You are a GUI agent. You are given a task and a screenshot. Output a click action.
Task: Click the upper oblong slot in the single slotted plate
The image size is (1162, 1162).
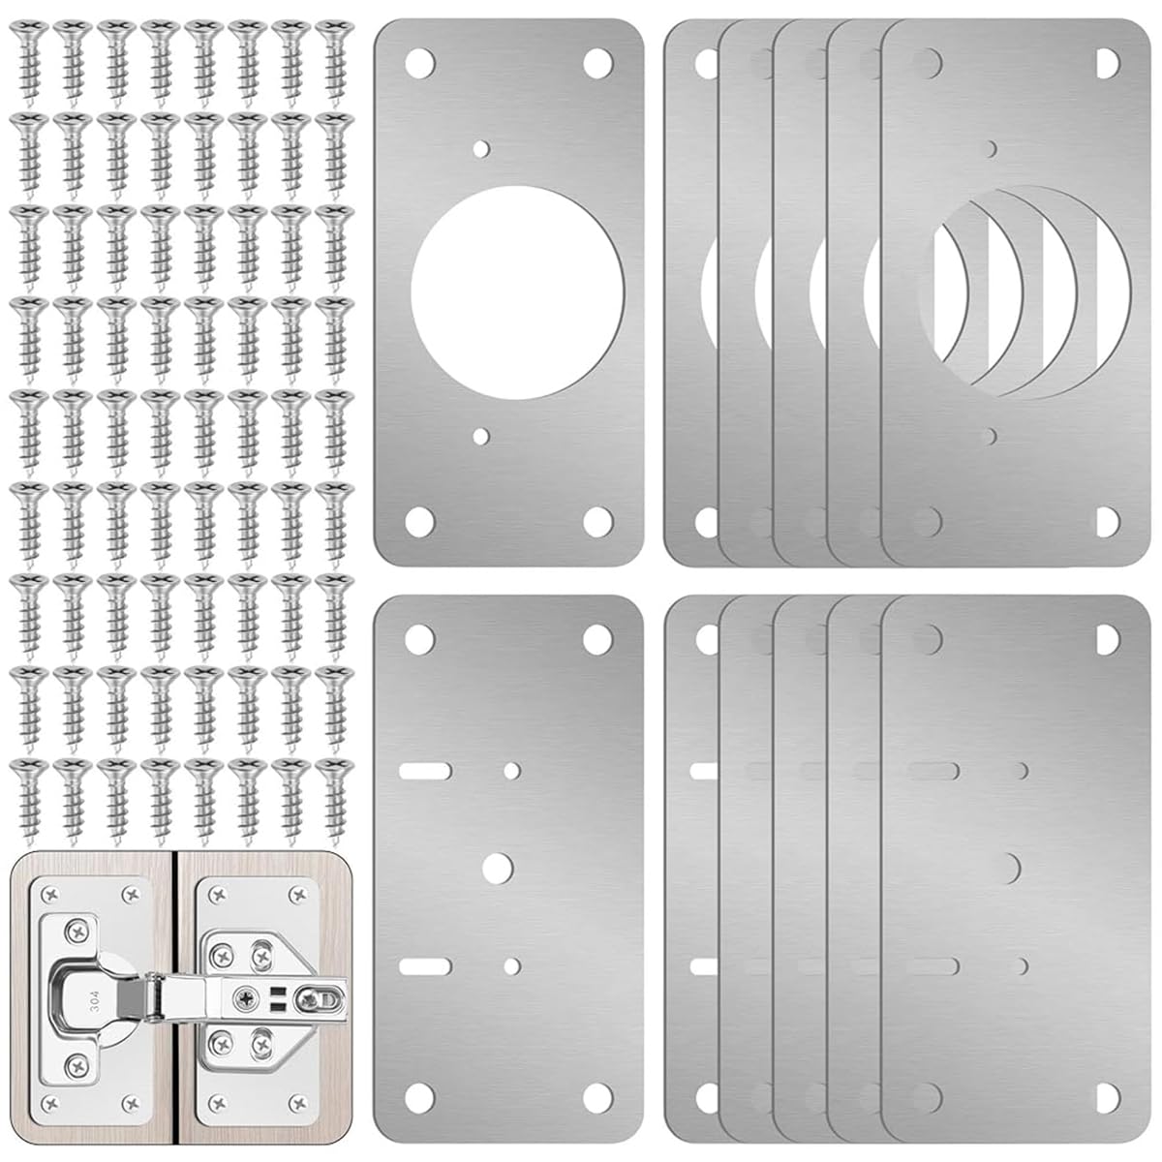[x=424, y=771]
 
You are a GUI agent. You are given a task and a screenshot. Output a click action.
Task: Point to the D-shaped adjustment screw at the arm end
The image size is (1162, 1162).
[x=316, y=995]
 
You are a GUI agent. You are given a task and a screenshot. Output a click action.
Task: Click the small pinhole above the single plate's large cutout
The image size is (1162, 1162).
[x=482, y=148]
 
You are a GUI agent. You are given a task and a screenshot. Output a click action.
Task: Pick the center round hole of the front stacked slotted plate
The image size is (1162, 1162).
[x=1013, y=864]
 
